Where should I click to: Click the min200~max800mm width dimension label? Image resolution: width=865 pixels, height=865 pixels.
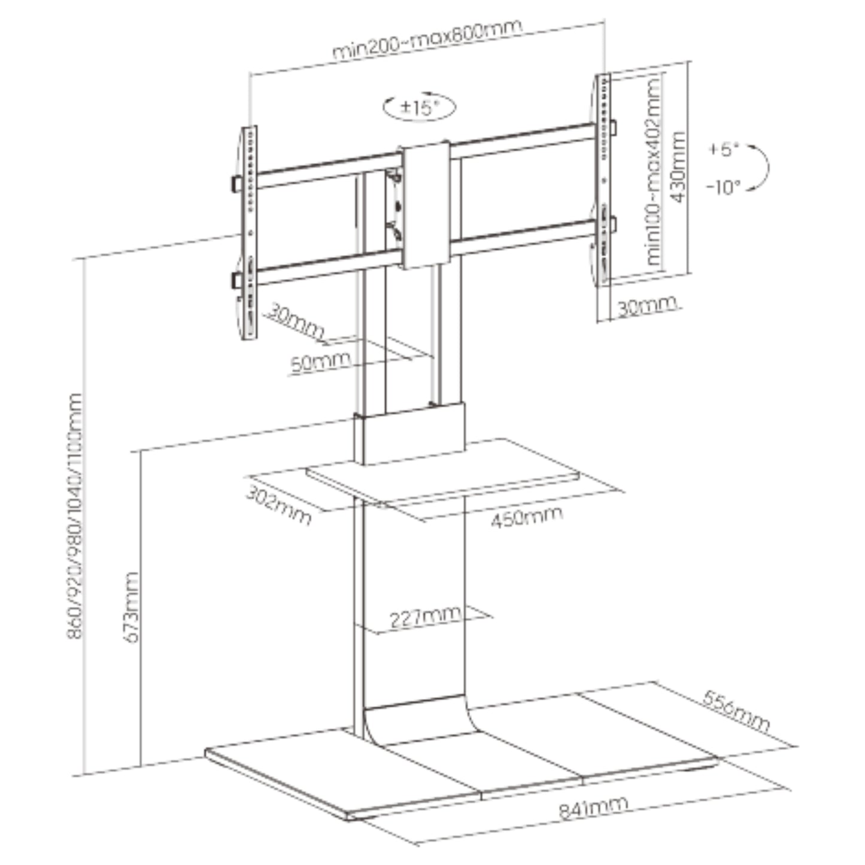(427, 39)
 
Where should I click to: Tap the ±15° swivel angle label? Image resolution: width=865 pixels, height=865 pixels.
(420, 107)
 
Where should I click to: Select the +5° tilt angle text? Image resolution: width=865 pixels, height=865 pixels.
(723, 150)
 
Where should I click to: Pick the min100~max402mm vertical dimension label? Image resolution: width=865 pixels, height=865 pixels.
(653, 171)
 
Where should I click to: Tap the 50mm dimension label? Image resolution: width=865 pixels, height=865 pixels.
(320, 362)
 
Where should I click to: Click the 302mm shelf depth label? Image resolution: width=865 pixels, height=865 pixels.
(279, 505)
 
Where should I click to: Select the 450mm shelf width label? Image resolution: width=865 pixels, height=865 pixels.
(527, 517)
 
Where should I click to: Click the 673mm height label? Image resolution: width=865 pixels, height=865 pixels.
(130, 608)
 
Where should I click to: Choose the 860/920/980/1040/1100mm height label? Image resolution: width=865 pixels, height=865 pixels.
(75, 516)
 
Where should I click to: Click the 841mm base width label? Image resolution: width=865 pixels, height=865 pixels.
(593, 807)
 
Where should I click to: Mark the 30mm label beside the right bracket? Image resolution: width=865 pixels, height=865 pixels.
(647, 306)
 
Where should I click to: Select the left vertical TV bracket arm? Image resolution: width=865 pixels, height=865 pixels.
(248, 232)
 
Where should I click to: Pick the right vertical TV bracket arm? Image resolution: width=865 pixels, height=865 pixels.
(603, 179)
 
